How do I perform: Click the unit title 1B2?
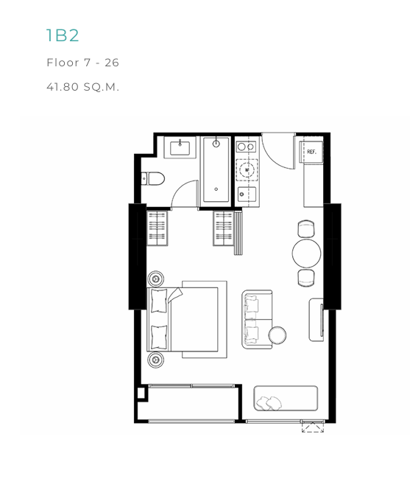pyautogui.click(x=63, y=35)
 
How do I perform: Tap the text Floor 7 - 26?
pyautogui.click(x=82, y=63)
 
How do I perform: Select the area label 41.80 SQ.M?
pyautogui.click(x=82, y=86)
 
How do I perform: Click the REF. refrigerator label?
pyautogui.click(x=311, y=152)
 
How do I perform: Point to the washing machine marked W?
pyautogui.click(x=247, y=170)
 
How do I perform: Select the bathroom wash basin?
pyautogui.click(x=180, y=148)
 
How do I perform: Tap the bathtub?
pyautogui.click(x=216, y=169)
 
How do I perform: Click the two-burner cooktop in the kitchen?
pyautogui.click(x=246, y=147)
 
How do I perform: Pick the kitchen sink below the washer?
pyautogui.click(x=247, y=195)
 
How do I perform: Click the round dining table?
pyautogui.click(x=307, y=253)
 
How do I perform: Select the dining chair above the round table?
pyautogui.click(x=306, y=228)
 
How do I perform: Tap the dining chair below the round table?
pyautogui.click(x=306, y=278)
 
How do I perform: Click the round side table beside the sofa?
pyautogui.click(x=278, y=335)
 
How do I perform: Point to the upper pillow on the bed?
pyautogui.click(x=159, y=301)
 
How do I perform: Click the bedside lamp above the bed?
pyautogui.click(x=155, y=279)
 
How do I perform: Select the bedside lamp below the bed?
pyautogui.click(x=155, y=360)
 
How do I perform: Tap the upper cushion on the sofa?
pyautogui.click(x=251, y=304)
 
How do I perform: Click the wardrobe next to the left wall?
pyautogui.click(x=157, y=228)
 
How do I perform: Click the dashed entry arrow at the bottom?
pyautogui.click(x=313, y=427)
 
